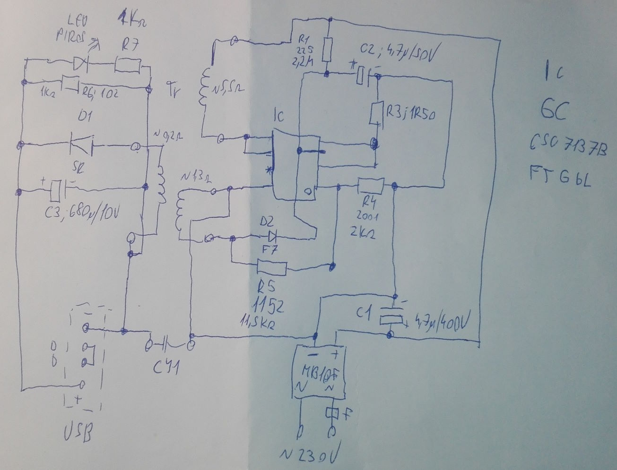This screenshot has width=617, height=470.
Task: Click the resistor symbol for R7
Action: point(128,65)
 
